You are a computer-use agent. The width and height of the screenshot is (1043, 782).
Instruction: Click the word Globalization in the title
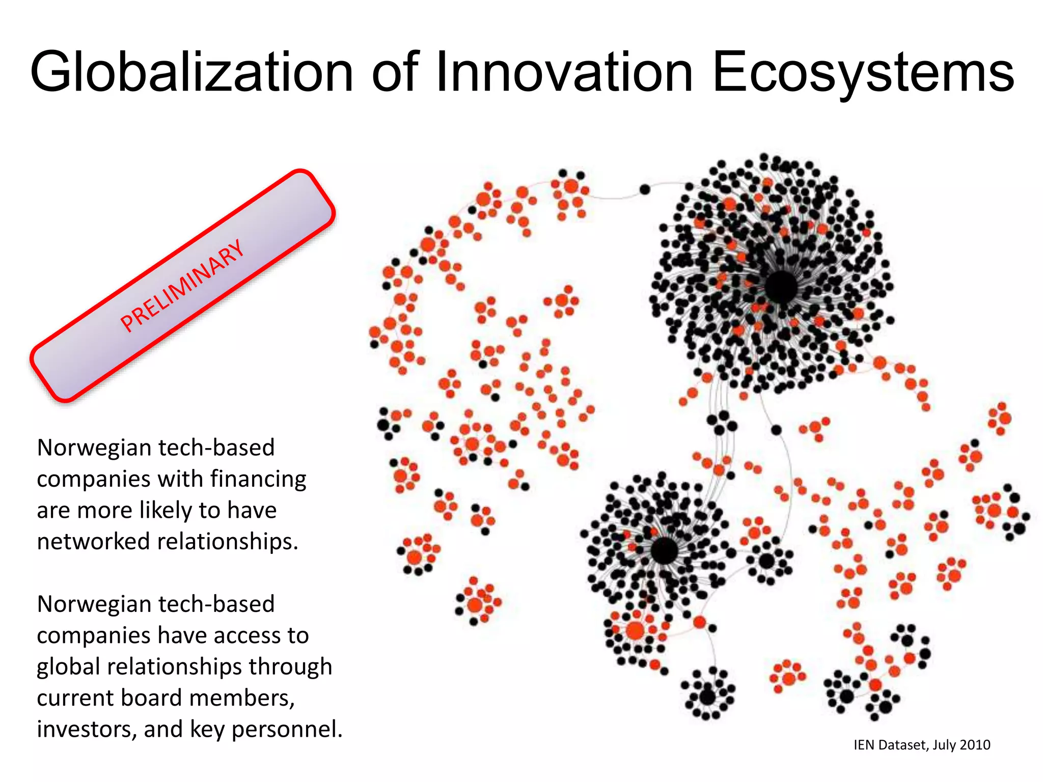(191, 72)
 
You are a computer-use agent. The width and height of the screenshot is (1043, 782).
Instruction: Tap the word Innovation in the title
(564, 72)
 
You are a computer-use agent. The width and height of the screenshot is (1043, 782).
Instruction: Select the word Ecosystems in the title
(863, 72)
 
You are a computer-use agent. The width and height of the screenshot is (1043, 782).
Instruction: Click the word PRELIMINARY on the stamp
(182, 285)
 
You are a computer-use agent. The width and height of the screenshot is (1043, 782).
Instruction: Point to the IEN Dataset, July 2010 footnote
(921, 745)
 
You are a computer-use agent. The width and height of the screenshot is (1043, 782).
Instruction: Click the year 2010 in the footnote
(974, 745)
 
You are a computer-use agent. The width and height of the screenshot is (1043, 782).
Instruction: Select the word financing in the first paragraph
(258, 479)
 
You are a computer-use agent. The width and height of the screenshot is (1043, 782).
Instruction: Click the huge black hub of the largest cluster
(781, 287)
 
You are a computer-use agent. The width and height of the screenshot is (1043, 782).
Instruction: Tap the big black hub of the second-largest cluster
(664, 550)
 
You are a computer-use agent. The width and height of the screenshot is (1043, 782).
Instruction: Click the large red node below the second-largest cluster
(635, 631)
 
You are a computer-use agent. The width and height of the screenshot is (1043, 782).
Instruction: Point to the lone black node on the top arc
(645, 189)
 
